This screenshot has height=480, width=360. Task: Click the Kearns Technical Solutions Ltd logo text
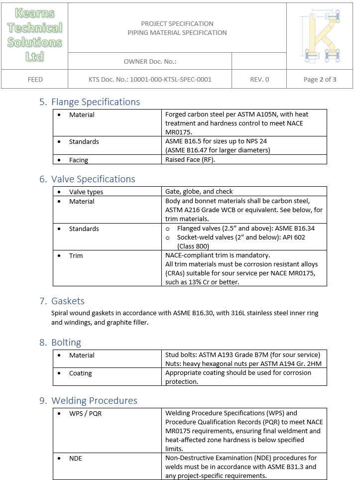34,35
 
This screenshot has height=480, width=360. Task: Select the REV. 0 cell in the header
259,79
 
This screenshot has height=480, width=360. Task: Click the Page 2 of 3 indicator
320,79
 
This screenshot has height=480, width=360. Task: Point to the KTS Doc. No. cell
150,79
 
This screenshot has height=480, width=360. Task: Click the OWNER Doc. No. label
150,62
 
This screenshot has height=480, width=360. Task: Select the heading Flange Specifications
96,102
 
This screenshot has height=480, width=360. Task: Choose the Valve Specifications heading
93,179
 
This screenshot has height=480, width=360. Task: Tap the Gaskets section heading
68,301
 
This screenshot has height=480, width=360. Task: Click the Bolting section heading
66,343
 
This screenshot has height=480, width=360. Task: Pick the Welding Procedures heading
94,401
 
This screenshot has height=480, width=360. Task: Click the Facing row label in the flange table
79,160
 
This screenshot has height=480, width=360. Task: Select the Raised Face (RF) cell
191,160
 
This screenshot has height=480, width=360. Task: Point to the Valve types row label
86,192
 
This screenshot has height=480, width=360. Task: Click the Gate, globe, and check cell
199,192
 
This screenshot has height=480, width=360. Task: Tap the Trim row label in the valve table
76,256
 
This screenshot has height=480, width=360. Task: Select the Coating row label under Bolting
81,373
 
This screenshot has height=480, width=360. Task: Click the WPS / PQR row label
85,413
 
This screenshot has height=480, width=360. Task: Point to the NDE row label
76,458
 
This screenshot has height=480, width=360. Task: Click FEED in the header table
35,79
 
